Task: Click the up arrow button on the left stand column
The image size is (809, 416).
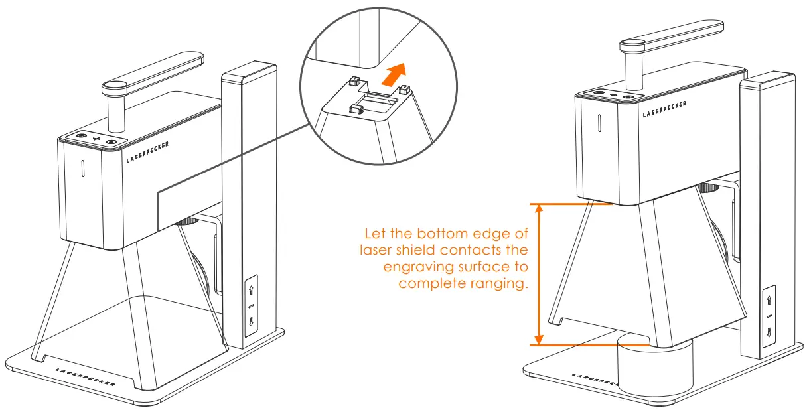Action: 251,291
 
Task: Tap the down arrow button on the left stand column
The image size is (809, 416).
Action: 251,323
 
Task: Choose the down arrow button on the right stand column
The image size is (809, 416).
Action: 770,331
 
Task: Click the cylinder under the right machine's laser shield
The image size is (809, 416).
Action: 654,372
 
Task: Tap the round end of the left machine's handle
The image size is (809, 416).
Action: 113,86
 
